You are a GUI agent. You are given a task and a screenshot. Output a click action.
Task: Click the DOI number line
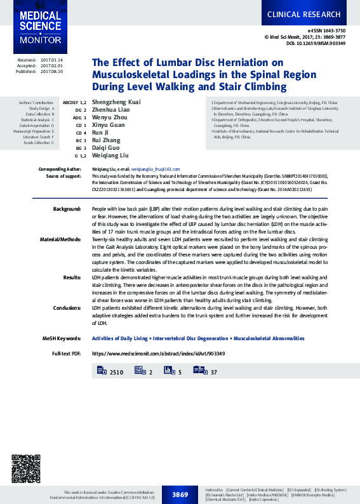tap(316, 44)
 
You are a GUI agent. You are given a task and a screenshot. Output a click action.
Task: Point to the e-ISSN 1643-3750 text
tap(327, 30)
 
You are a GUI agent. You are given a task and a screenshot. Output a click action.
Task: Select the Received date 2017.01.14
tap(51, 60)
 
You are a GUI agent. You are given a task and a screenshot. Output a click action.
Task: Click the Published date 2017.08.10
tap(51, 72)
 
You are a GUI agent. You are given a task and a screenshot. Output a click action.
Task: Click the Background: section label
tap(67, 209)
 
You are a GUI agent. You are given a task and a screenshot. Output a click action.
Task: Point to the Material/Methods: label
tap(61, 241)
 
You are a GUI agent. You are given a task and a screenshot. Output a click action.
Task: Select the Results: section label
tap(72, 277)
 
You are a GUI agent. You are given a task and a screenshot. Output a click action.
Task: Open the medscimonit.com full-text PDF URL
tap(158, 353)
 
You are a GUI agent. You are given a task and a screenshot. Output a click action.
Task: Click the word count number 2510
tap(117, 372)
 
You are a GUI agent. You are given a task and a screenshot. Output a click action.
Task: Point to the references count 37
tap(214, 372)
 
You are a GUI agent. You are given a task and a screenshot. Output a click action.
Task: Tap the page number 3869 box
tap(180, 493)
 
